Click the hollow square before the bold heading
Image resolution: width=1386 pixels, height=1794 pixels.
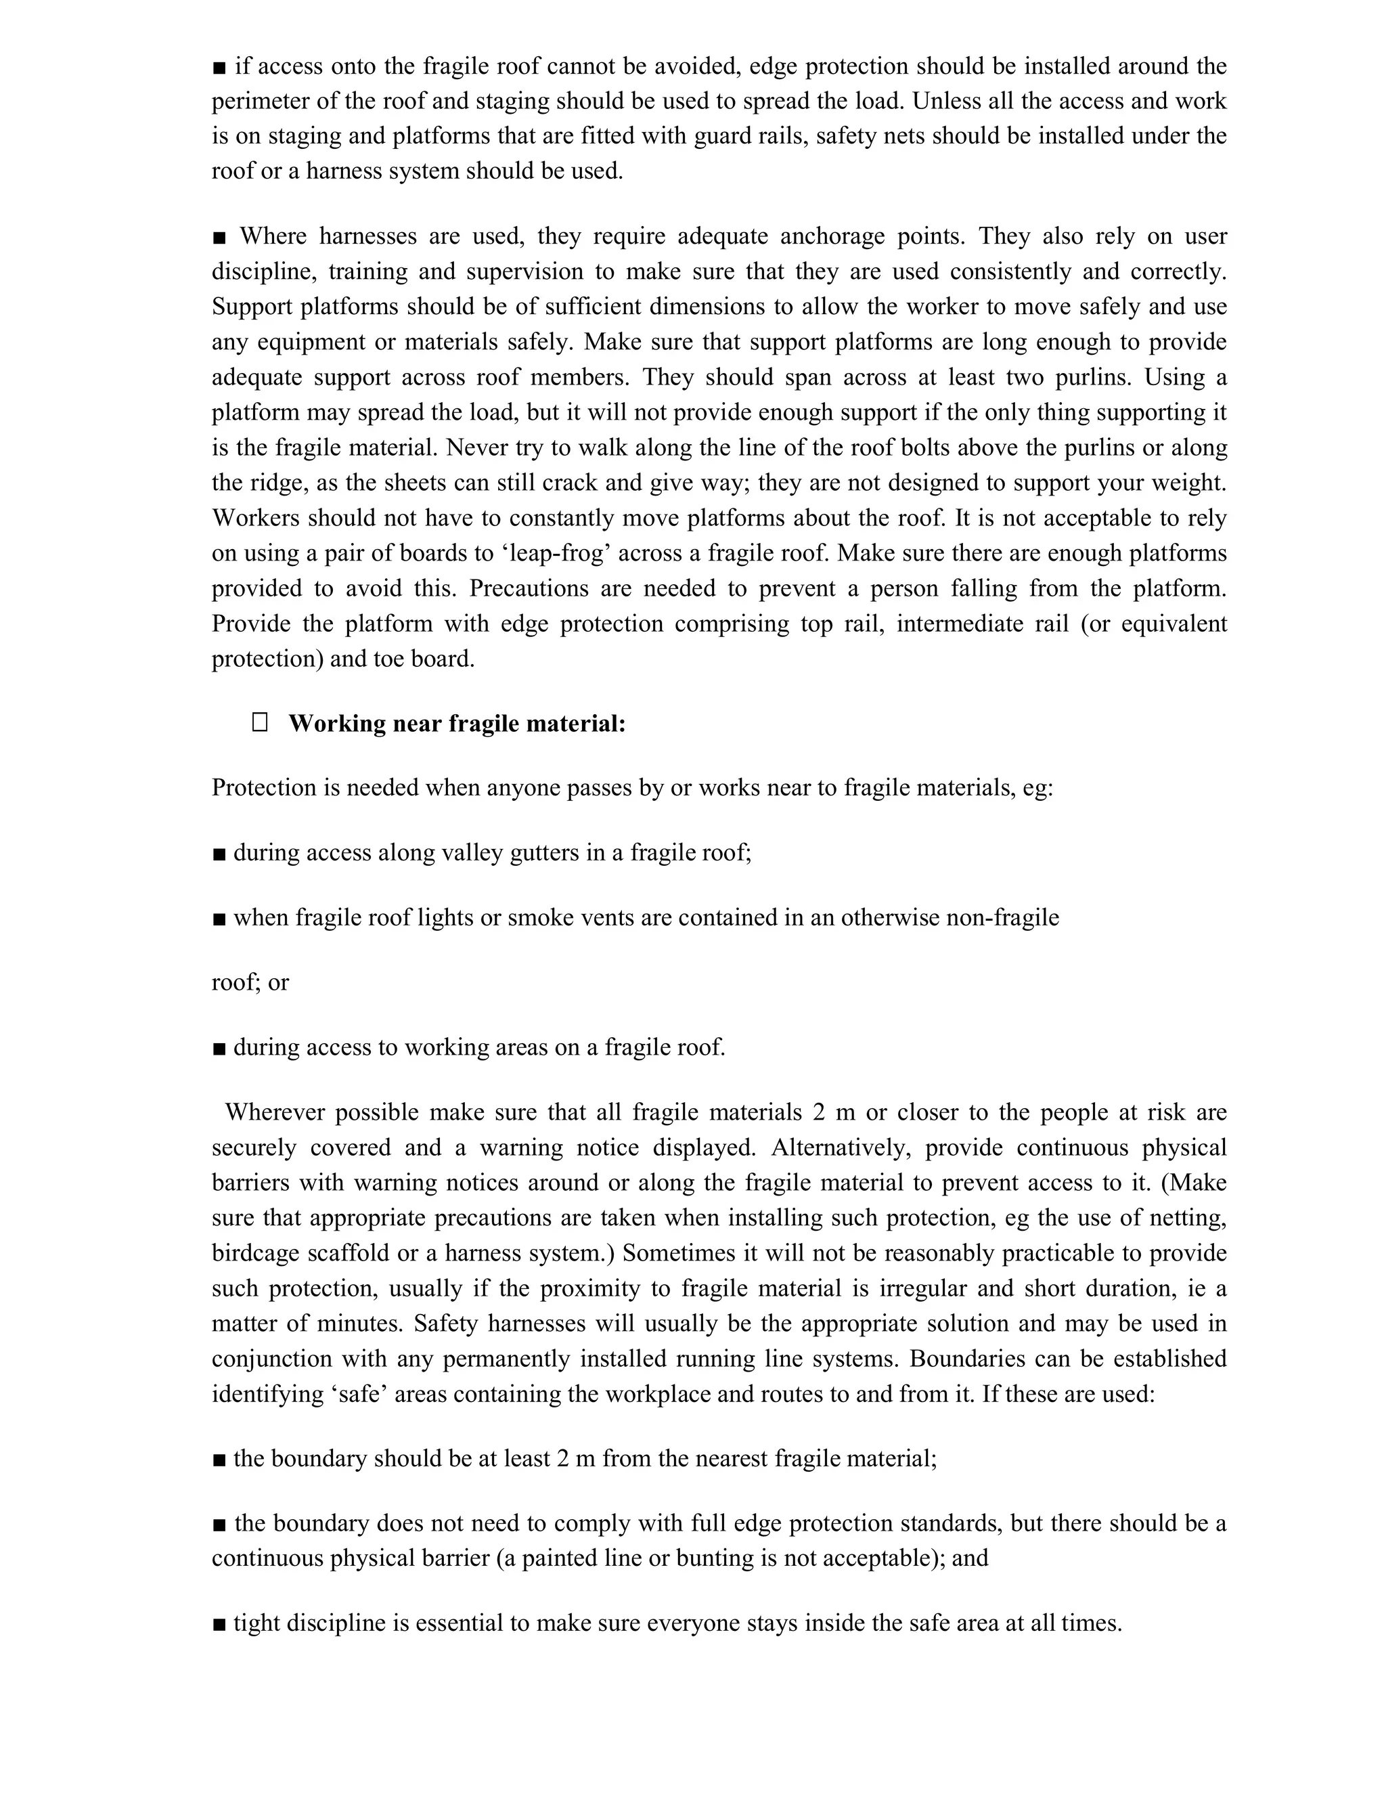[x=259, y=723]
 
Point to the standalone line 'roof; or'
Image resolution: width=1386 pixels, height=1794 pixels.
[x=250, y=982]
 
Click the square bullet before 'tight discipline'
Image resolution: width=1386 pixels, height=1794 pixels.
[x=219, y=1623]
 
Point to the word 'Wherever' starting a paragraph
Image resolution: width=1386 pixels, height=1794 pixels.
[x=273, y=1112]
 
